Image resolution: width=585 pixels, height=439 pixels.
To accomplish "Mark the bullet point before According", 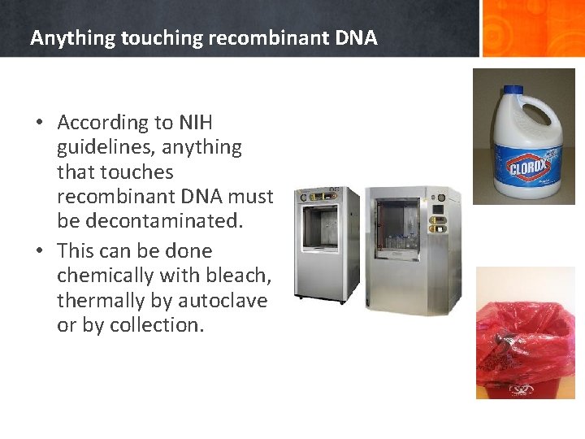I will click(x=39, y=123).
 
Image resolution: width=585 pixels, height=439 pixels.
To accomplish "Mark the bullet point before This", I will click(x=39, y=251).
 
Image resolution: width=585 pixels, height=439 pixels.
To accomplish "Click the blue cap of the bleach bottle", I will click(x=513, y=93).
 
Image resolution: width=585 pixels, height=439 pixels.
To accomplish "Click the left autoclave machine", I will click(x=326, y=244).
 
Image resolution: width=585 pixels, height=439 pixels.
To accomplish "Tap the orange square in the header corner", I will click(x=533, y=28).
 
